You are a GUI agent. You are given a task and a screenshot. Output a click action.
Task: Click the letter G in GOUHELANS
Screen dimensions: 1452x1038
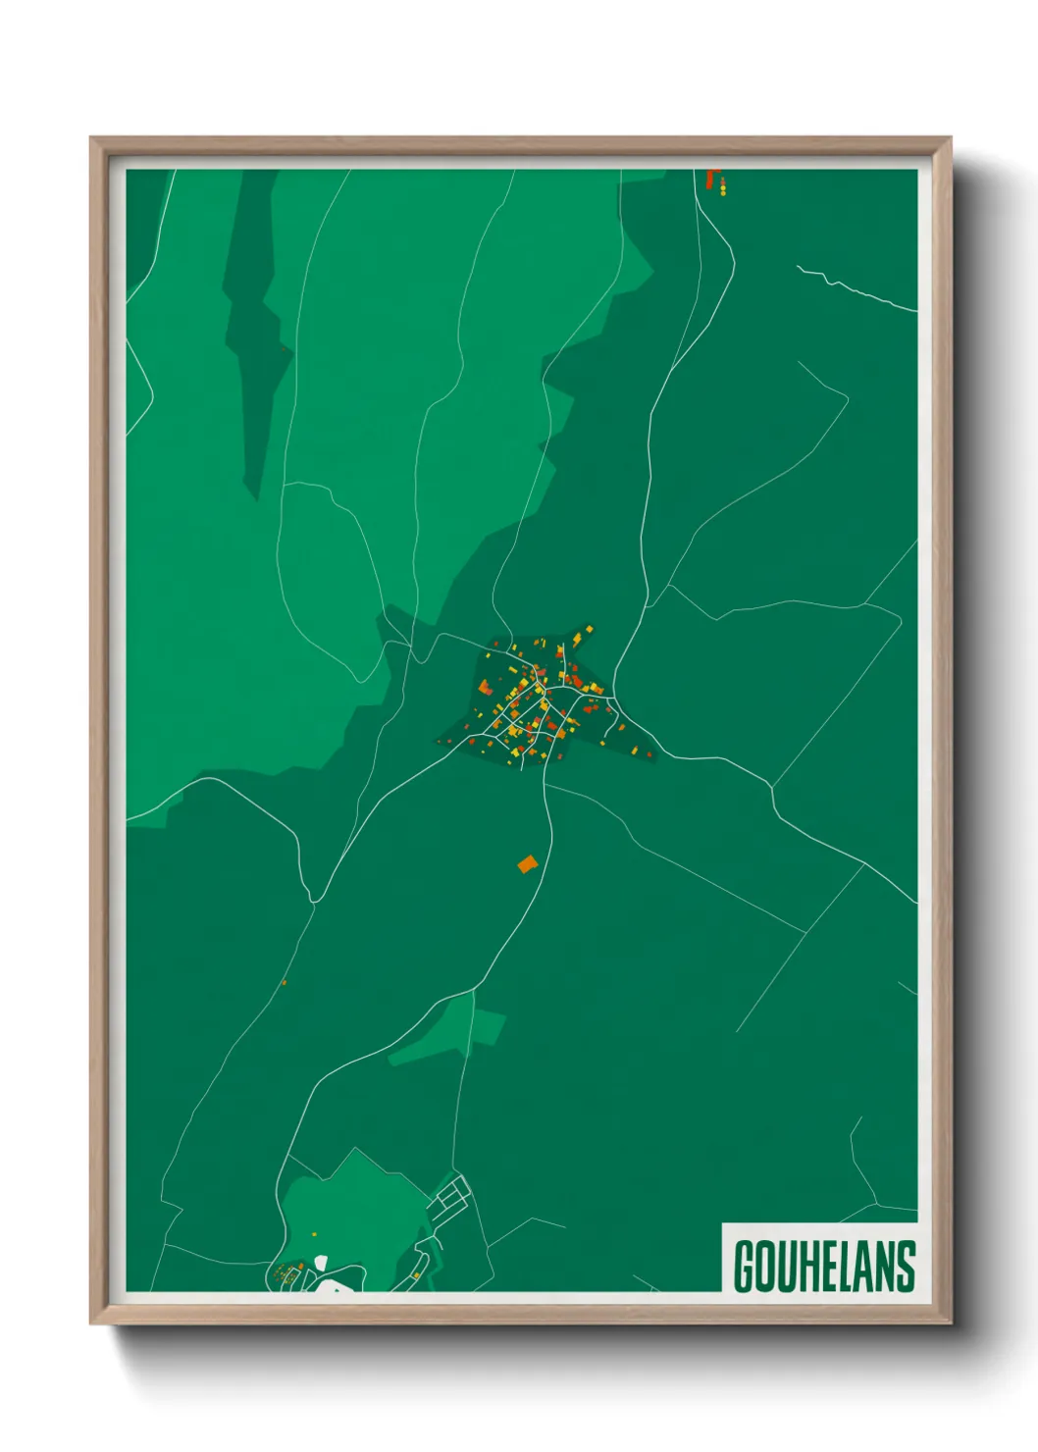[x=745, y=1267]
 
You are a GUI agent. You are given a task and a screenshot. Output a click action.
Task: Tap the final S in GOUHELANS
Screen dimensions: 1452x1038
[x=905, y=1267]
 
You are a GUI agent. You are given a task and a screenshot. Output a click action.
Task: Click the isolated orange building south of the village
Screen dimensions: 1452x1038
[x=528, y=864]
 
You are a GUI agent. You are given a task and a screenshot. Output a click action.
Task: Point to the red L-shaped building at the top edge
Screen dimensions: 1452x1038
[x=711, y=179]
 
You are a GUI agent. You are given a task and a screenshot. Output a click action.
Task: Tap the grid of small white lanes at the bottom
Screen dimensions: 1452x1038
[x=452, y=1195]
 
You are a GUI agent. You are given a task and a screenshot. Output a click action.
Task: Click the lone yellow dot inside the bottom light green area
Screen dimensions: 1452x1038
[x=315, y=1233]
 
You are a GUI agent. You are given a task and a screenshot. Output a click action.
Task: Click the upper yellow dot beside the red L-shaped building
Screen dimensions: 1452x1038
[x=723, y=181]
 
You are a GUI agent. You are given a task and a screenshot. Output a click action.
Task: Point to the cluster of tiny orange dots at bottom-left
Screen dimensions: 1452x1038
[x=286, y=1274]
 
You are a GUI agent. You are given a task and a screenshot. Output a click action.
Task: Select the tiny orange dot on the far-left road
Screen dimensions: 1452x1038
[x=284, y=982]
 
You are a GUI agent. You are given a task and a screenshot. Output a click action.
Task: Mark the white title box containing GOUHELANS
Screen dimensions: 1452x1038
[x=820, y=1257]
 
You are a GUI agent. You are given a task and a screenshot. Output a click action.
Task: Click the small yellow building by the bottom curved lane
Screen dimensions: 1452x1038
[x=417, y=1275]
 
